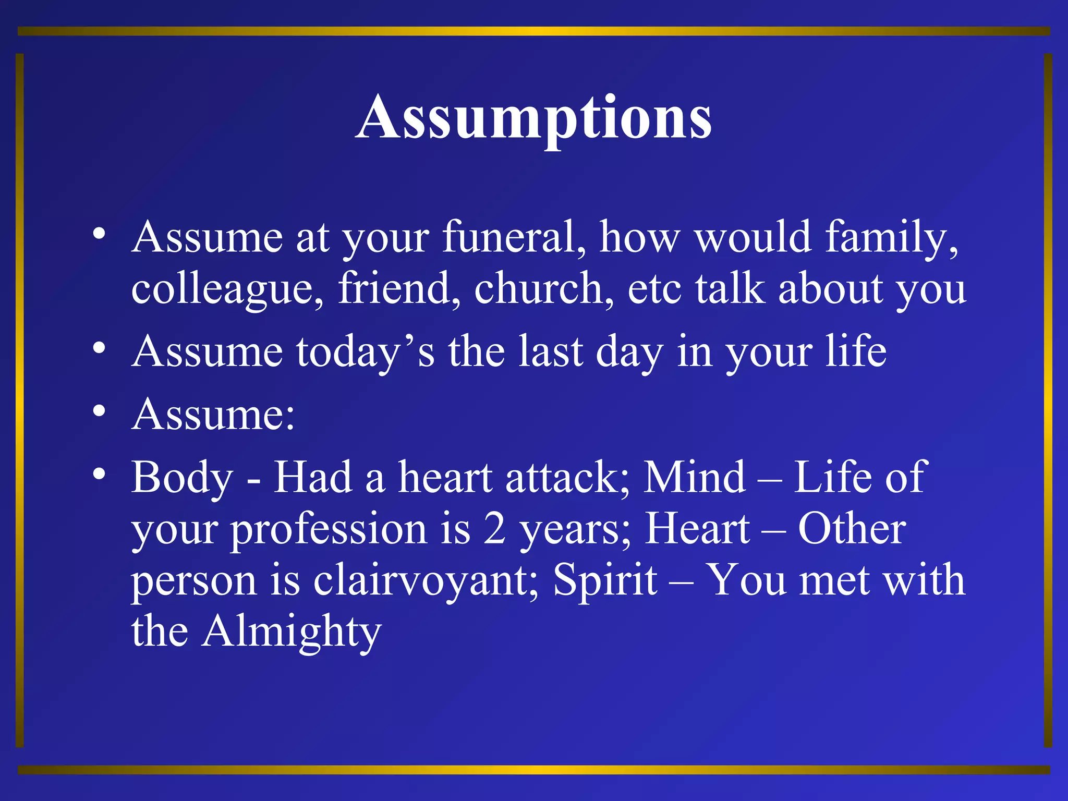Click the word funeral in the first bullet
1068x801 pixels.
(514, 237)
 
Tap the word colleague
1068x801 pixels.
(227, 289)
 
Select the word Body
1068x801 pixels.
(181, 478)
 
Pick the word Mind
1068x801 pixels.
(694, 477)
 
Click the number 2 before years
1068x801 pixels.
(494, 529)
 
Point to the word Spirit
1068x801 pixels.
(605, 581)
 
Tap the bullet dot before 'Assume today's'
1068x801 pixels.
(99, 348)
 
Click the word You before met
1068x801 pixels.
(746, 580)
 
